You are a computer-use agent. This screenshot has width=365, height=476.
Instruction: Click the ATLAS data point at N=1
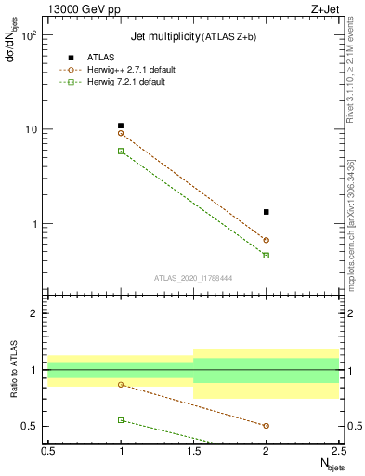pyautogui.click(x=121, y=126)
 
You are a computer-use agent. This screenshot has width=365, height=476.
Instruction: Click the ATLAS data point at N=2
pyautogui.click(x=267, y=212)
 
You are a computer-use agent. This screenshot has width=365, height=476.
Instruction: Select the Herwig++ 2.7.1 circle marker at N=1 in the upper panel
pyautogui.click(x=121, y=133)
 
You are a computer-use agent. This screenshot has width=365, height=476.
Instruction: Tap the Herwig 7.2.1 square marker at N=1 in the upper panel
pyautogui.click(x=121, y=151)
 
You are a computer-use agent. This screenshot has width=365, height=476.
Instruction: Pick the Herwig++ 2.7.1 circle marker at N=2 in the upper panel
pyautogui.click(x=267, y=240)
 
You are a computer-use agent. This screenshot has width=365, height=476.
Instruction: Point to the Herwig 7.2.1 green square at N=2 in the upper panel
pyautogui.click(x=267, y=255)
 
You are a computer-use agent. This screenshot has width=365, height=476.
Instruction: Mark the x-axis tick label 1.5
pyautogui.click(x=193, y=450)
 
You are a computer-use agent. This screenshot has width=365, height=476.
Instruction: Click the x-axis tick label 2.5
pyautogui.click(x=338, y=450)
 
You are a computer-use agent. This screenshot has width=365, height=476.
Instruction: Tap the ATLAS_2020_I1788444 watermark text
pyautogui.click(x=193, y=278)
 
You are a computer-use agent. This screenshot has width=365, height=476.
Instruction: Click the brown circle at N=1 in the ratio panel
pyautogui.click(x=121, y=384)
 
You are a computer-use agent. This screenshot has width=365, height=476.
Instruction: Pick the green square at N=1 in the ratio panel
pyautogui.click(x=121, y=420)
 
